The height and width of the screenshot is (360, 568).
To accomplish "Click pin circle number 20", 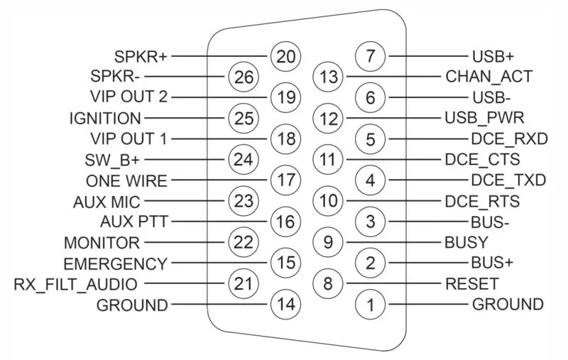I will click(x=285, y=55).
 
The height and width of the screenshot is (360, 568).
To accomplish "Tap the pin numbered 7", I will click(x=370, y=55).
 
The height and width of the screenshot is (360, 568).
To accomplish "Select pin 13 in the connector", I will click(x=327, y=76).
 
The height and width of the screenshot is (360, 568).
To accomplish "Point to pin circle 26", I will click(x=242, y=76).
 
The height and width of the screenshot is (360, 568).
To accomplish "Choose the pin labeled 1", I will click(x=370, y=305).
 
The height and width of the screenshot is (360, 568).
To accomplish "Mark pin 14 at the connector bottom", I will click(x=285, y=305).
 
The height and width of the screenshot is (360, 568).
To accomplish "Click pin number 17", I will click(x=285, y=180).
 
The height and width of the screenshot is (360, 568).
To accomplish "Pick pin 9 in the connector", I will click(x=327, y=242).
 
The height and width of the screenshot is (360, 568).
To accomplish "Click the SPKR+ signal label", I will click(x=141, y=55).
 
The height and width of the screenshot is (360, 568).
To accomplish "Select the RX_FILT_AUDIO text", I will click(x=76, y=284).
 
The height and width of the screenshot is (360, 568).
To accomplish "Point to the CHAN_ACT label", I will click(x=489, y=76).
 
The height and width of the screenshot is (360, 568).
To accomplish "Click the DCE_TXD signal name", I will click(x=508, y=180).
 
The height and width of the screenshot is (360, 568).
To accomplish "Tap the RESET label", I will click(x=471, y=284).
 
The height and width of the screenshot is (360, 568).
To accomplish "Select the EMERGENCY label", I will click(x=115, y=263).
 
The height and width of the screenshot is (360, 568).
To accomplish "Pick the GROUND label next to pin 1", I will click(x=508, y=305).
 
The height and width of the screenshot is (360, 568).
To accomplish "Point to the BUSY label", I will click(x=466, y=242).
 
